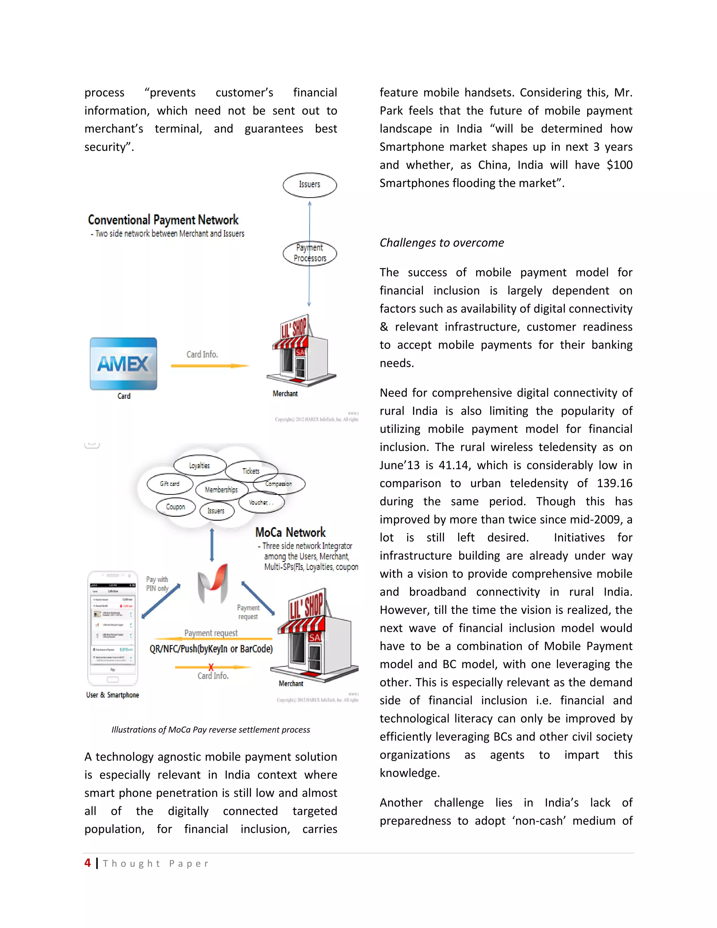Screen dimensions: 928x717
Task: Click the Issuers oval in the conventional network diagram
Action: click(309, 185)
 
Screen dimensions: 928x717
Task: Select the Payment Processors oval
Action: click(309, 253)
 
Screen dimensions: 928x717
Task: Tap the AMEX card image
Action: click(123, 364)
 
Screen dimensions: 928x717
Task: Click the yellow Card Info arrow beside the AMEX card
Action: click(209, 365)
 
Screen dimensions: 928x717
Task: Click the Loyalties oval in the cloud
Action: click(200, 466)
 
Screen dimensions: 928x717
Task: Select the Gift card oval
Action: click(170, 484)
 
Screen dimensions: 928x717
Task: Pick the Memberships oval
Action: click(221, 490)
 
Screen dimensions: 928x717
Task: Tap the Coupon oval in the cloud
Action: click(175, 507)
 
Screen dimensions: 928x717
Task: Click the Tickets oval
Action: click(251, 471)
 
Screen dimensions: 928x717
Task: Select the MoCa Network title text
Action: click(290, 532)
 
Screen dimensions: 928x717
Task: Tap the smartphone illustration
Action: click(113, 628)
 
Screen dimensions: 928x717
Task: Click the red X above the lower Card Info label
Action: click(211, 667)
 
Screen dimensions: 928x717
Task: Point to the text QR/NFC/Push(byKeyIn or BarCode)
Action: click(211, 649)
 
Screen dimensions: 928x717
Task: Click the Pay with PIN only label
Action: click(157, 584)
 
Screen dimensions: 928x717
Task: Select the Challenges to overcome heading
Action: click(441, 243)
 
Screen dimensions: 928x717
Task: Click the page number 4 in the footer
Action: click(88, 863)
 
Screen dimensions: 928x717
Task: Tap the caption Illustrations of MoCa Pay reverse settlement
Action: click(211, 729)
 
